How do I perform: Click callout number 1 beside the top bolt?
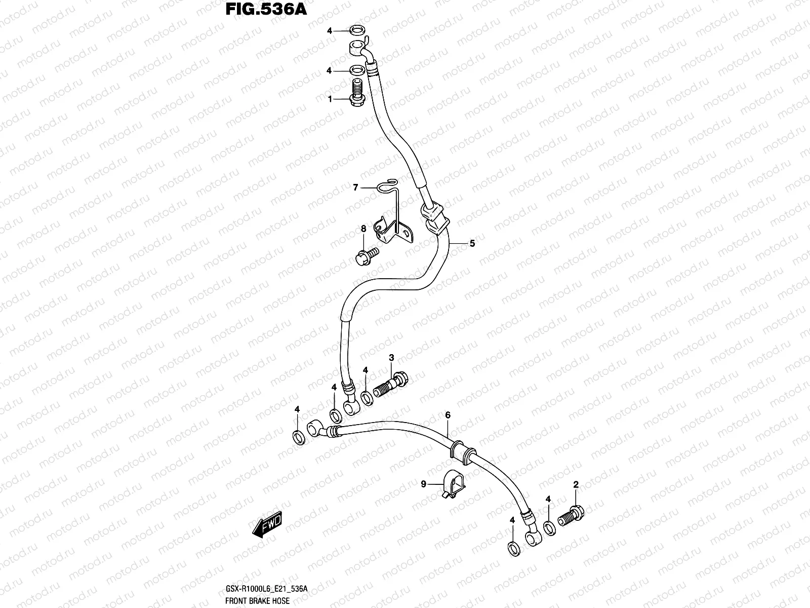330,99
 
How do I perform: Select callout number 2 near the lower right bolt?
576,485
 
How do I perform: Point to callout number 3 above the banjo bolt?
391,358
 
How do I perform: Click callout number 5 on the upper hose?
472,244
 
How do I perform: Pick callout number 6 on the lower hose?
448,415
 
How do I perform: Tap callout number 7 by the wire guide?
355,187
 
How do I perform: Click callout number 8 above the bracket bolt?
363,230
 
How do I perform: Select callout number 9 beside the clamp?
424,484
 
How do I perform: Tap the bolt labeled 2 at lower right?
571,515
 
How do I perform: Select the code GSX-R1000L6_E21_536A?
265,589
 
